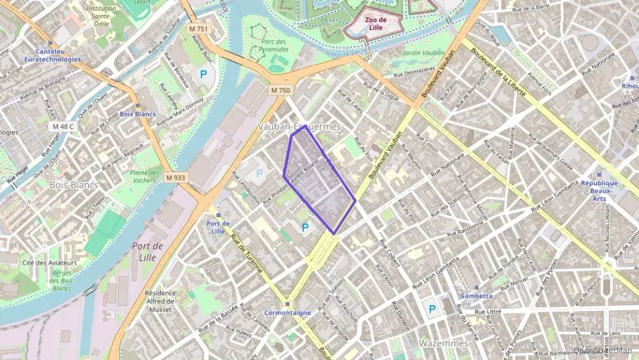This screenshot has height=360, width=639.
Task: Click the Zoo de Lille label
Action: coord(375,24)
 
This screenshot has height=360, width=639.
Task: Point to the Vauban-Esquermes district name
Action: coord(299,127)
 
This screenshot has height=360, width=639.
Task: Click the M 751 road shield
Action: coord(199,29)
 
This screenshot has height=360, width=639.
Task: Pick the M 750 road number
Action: coord(280,89)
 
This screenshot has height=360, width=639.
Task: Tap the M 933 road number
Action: coord(175,178)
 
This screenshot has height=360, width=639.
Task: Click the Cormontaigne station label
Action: coord(287,312)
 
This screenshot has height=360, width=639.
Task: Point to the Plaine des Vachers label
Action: coord(144,176)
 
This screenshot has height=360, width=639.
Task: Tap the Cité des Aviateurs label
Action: coord(48,263)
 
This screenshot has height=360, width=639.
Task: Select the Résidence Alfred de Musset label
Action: coord(160,301)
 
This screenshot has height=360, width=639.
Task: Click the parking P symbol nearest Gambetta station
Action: coord(431,309)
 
